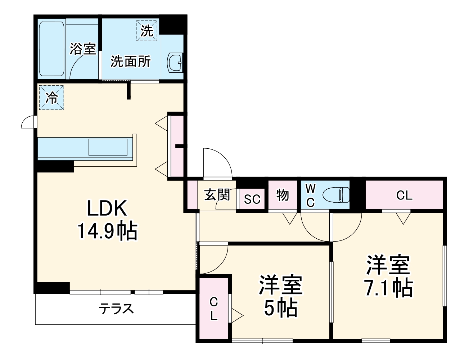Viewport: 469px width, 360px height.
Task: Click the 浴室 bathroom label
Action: pos(83,49)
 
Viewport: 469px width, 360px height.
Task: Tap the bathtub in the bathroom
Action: pos(51,49)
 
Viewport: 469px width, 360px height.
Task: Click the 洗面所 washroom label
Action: pos(130,61)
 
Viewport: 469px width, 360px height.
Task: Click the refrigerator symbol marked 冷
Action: pos(51,97)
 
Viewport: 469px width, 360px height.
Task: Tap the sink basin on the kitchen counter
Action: pos(108,147)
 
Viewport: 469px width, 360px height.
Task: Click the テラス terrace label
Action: pos(116,309)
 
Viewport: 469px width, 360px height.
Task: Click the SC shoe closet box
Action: pos(252,199)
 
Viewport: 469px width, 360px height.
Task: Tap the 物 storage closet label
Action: pos(283,195)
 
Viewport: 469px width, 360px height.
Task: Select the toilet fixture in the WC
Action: pos(336,196)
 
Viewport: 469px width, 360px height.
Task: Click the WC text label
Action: pos(310,195)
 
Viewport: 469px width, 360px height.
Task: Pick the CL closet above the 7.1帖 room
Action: pos(404,195)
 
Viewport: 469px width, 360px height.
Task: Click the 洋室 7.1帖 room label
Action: pos(389,276)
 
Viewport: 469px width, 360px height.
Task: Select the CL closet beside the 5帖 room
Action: pos(214,309)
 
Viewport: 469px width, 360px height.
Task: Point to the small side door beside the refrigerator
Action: pos(28,122)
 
